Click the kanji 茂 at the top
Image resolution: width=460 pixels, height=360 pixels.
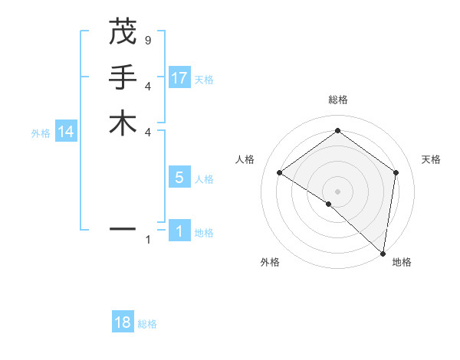123,33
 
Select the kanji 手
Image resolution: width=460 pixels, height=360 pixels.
123,77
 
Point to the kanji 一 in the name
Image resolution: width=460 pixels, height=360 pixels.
123,228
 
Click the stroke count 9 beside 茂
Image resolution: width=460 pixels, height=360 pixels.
147,41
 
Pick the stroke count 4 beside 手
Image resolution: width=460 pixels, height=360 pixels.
147,86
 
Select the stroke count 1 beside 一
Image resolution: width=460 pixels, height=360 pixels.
147,240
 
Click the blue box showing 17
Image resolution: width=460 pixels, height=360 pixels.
179,77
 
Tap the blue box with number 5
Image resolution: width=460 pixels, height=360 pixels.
179,178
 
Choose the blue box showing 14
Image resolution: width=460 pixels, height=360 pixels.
66,132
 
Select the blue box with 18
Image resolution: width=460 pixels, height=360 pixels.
123,322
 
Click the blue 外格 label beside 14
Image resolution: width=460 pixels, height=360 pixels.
41,133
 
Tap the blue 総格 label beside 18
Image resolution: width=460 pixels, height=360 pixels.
147,324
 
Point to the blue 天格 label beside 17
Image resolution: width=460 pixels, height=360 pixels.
204,79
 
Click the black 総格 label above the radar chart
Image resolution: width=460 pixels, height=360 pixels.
338,100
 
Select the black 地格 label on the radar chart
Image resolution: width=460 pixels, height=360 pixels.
402,262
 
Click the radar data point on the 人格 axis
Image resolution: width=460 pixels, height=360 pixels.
280,173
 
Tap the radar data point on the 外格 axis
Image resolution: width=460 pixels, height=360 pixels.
329,204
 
